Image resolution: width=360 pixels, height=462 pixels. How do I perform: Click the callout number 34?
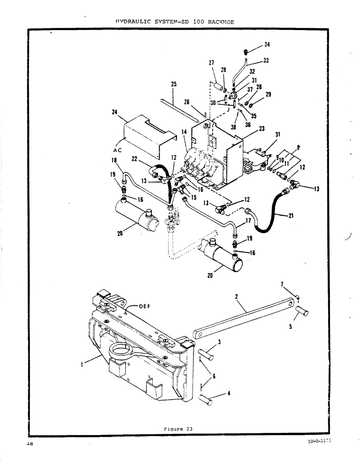[267, 44]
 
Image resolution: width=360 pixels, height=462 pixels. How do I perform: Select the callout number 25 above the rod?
[174, 84]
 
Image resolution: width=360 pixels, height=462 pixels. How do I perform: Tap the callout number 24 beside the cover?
[114, 111]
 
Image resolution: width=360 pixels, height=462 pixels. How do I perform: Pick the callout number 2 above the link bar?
[236, 298]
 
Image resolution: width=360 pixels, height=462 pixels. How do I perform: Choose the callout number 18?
[114, 160]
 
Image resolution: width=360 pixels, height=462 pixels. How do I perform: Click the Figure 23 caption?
[178, 429]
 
